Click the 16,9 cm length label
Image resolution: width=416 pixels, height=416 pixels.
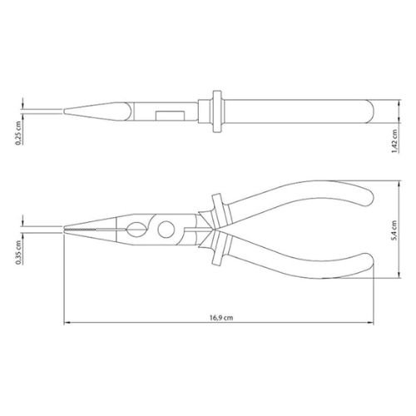(221, 317)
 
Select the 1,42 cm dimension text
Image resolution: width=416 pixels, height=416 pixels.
(394, 141)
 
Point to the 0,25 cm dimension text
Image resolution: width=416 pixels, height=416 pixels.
(18, 133)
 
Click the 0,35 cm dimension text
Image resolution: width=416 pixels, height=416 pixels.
(18, 252)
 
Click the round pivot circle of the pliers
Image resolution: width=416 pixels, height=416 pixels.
(166, 230)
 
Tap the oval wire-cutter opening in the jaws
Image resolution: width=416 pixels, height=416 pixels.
(136, 230)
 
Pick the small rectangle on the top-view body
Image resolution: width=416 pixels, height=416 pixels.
(170, 116)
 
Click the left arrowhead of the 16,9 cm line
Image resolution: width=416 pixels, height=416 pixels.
(67, 323)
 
